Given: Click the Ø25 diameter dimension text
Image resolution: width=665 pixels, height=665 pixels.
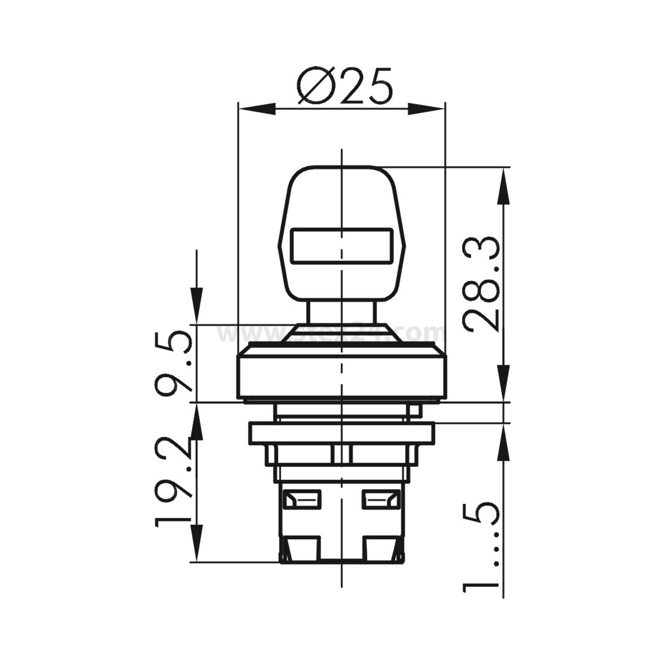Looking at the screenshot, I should pos(345,87).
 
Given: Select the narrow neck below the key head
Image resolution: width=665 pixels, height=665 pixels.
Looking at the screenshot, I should pos(341,313).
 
